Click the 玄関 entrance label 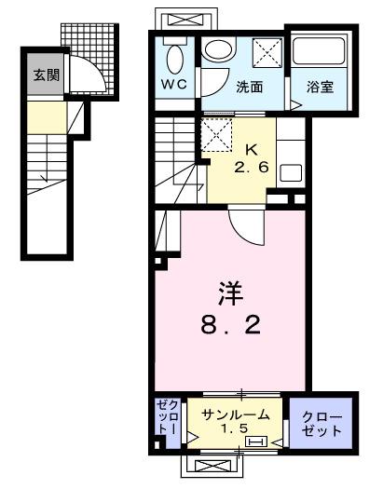(45, 75)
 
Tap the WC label (173, 85)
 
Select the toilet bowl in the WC (174, 59)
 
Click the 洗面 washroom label (249, 88)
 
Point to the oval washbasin (219, 52)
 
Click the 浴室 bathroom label (320, 88)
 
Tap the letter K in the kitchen (251, 149)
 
